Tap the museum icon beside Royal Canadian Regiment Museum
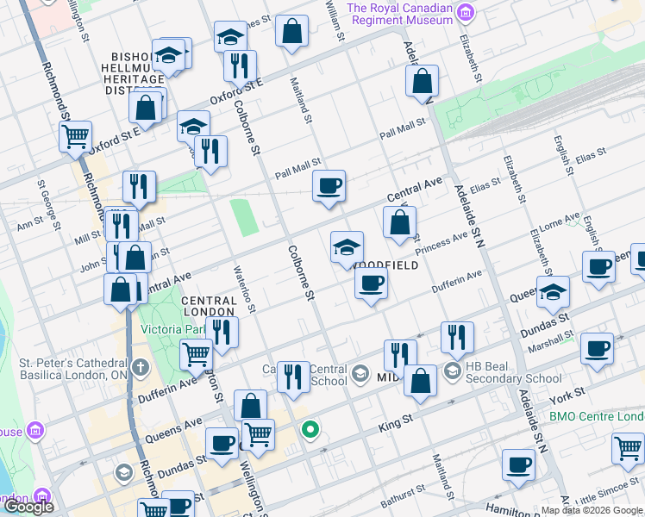coord(466,13)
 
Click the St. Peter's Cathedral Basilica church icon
coord(140,368)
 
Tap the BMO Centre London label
coord(596,416)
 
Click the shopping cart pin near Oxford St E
coord(75,136)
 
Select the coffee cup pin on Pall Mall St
coord(328,185)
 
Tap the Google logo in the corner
coord(28,507)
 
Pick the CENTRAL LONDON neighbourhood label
coord(208,305)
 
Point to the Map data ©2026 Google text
coord(592,510)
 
